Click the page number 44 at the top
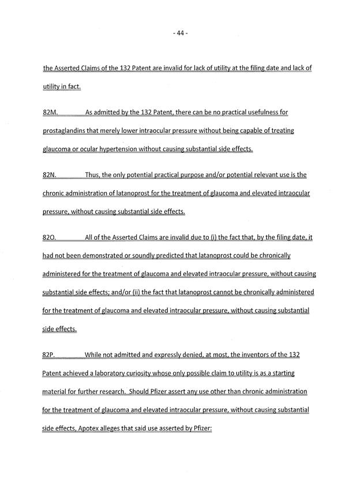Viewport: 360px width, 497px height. coord(181,33)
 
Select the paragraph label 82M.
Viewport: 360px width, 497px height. coord(51,113)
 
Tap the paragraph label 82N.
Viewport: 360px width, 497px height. coord(50,175)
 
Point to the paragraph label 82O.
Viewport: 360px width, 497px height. coord(50,238)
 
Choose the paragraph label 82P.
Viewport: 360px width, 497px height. coord(50,355)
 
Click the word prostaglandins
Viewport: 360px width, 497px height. coord(67,131)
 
